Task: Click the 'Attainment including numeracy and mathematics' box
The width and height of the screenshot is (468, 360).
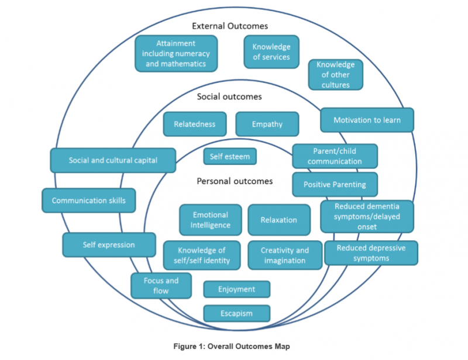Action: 176,53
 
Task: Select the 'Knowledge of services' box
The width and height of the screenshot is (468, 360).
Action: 271,52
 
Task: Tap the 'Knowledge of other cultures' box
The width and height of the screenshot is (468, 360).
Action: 335,74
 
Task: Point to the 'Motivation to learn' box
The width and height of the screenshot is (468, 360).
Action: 367,120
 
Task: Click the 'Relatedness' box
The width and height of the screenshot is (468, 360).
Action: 194,124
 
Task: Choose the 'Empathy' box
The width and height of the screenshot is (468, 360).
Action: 267,124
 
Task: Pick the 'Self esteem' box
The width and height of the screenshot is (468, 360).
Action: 229,156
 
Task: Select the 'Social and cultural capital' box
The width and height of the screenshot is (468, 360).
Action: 113,160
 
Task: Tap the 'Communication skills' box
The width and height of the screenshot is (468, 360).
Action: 88,200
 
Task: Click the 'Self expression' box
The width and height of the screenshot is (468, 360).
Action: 109,245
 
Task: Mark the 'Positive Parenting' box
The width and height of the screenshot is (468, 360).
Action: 335,184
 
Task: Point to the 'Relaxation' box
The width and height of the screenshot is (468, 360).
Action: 279,220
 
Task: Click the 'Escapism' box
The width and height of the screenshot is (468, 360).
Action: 236,313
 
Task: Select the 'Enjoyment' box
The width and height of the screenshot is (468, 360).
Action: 236,289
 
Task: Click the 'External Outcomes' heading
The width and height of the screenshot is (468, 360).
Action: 230,26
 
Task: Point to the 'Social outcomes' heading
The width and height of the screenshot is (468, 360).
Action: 229,96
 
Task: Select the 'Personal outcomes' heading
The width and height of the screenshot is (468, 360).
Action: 235,181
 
